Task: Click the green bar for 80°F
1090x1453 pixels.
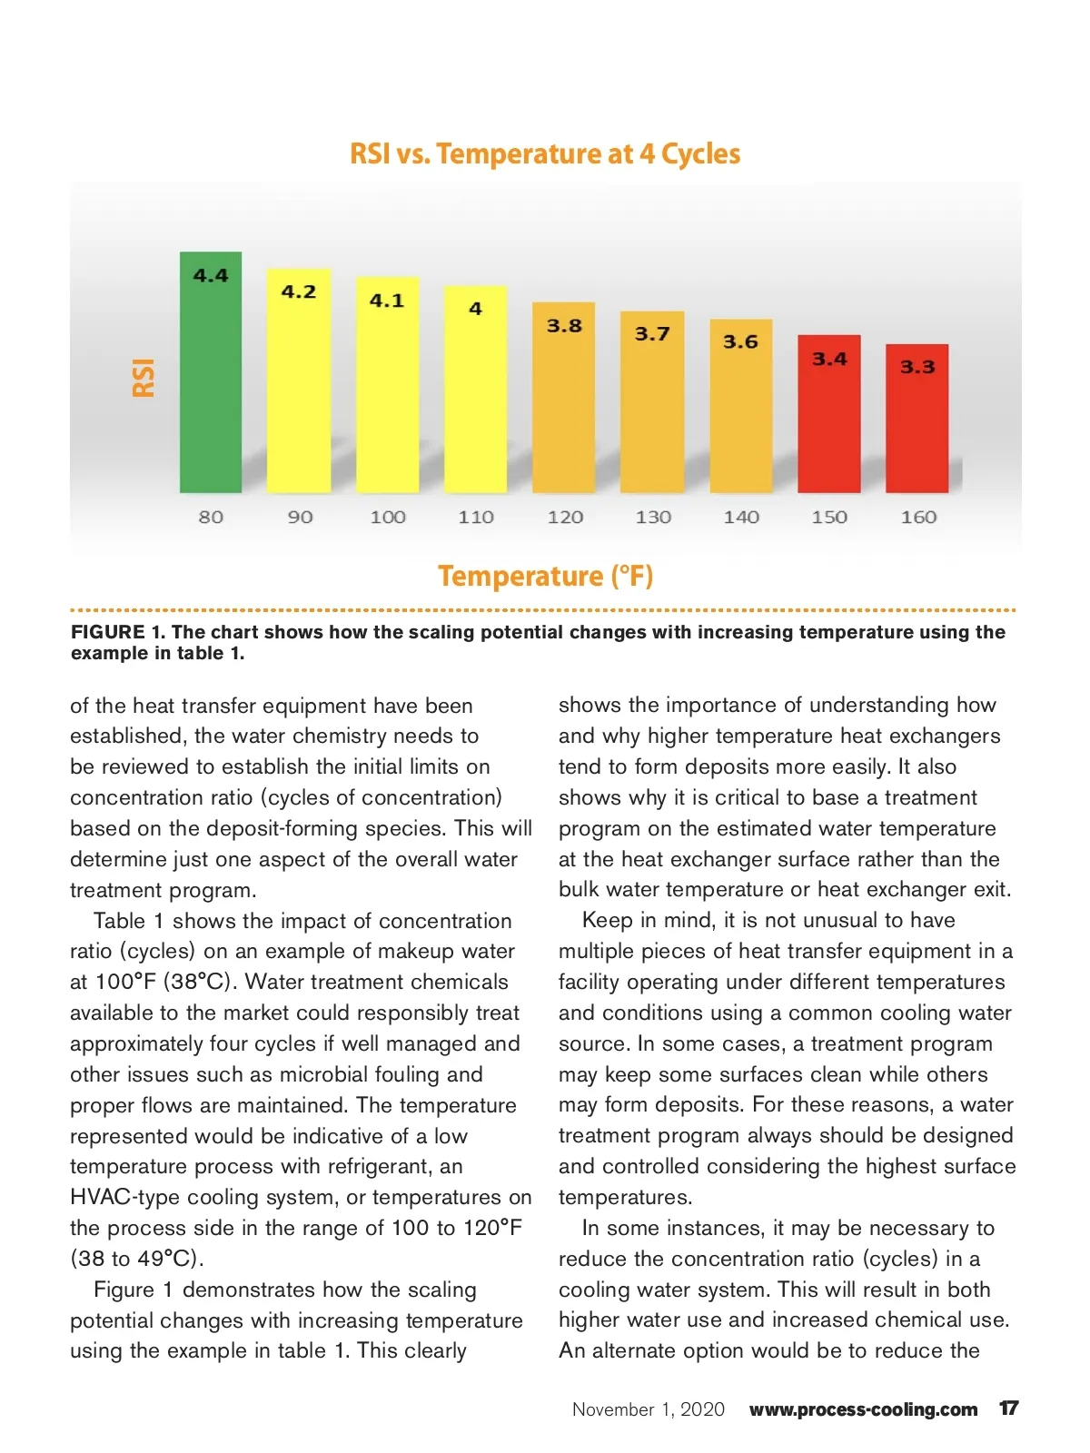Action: (211, 381)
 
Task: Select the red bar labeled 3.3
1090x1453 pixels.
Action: (917, 427)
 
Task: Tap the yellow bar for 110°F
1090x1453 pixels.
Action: (475, 400)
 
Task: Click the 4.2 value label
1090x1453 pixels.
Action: (299, 292)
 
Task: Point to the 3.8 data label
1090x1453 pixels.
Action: (564, 325)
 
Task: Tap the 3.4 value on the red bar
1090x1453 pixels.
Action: (829, 359)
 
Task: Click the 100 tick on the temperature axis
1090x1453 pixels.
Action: (388, 517)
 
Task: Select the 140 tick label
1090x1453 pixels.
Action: (741, 517)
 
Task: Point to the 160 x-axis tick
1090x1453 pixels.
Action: (918, 517)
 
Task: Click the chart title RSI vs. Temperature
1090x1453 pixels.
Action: (545, 153)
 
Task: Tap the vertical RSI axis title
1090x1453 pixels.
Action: (144, 377)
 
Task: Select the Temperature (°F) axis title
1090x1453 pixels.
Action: (545, 576)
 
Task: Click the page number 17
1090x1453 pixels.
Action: (1008, 1409)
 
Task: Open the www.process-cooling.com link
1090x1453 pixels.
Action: (863, 1409)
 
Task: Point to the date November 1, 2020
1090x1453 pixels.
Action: (649, 1409)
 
